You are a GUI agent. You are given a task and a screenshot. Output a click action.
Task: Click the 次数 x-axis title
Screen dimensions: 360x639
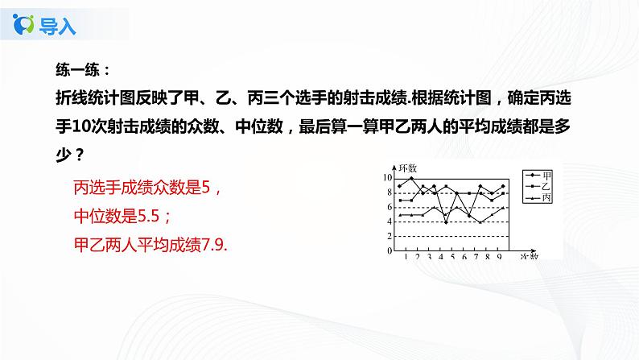pyautogui.click(x=528, y=257)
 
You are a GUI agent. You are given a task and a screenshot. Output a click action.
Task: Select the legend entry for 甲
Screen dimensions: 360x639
pyautogui.click(x=546, y=175)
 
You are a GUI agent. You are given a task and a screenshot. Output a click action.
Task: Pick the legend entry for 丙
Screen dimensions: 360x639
pyautogui.click(x=546, y=197)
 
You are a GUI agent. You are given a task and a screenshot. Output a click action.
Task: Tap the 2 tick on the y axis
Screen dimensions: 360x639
pyautogui.click(x=389, y=236)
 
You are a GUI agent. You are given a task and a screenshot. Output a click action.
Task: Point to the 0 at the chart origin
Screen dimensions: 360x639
pyautogui.click(x=389, y=250)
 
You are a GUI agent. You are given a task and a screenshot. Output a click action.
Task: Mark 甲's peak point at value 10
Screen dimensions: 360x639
pyautogui.click(x=411, y=178)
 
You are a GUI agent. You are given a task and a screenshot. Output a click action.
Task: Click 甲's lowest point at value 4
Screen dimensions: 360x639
pyautogui.click(x=446, y=221)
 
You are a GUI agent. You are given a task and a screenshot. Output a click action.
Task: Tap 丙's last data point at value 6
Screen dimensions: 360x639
pyautogui.click(x=504, y=207)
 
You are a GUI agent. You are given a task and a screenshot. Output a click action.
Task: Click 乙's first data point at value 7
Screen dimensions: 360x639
pyautogui.click(x=399, y=200)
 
